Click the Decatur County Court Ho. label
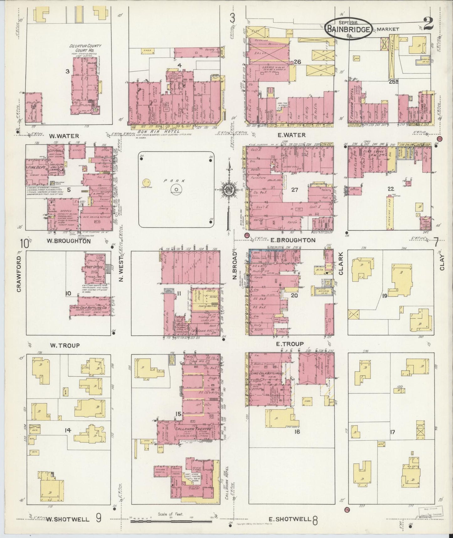82,48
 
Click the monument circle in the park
176,189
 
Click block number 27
294,190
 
